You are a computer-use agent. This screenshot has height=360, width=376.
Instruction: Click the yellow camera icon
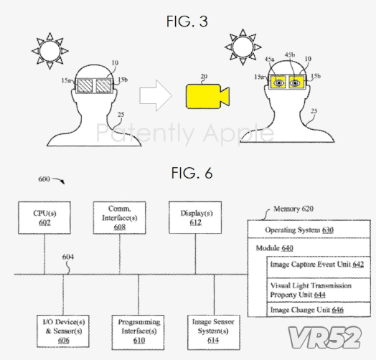pyautogui.click(x=207, y=96)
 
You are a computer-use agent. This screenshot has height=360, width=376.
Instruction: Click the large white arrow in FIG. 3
pyautogui.click(x=156, y=95)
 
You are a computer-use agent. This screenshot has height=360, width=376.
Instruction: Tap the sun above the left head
pyautogui.click(x=50, y=51)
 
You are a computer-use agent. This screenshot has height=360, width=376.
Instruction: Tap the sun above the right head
pyautogui.click(x=243, y=47)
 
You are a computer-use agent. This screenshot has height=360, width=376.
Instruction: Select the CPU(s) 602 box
pyautogui.click(x=44, y=217)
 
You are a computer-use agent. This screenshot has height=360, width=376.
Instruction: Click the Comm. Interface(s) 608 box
pyautogui.click(x=119, y=217)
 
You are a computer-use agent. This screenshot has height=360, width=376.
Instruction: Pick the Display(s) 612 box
pyautogui.click(x=195, y=217)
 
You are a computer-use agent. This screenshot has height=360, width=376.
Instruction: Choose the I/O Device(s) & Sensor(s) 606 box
pyautogui.click(x=63, y=331)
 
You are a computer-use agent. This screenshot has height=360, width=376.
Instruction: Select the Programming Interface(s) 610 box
pyautogui.click(x=138, y=332)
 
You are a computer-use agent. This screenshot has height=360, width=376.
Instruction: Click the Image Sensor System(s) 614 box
pyautogui.click(x=214, y=332)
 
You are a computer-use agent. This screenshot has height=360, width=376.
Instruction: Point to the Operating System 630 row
pyautogui.click(x=309, y=229)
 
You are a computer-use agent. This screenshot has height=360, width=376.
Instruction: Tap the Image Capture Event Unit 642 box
pyautogui.click(x=319, y=267)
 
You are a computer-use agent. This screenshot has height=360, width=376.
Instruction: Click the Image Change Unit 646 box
pyautogui.click(x=319, y=310)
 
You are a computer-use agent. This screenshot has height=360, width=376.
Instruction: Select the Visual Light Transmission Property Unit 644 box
pyautogui.click(x=319, y=290)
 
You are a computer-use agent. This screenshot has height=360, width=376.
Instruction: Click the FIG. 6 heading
pyautogui.click(x=192, y=173)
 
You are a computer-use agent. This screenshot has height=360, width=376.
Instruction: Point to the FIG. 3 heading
pyautogui.click(x=187, y=21)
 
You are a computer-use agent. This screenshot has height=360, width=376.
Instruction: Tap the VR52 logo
pyautogui.click(x=324, y=338)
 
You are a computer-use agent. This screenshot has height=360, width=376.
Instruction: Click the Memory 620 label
pyautogui.click(x=293, y=209)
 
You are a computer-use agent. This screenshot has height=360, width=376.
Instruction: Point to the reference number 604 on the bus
pyautogui.click(x=68, y=257)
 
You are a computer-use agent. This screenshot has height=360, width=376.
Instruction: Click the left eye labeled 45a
pyautogui.click(x=278, y=83)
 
